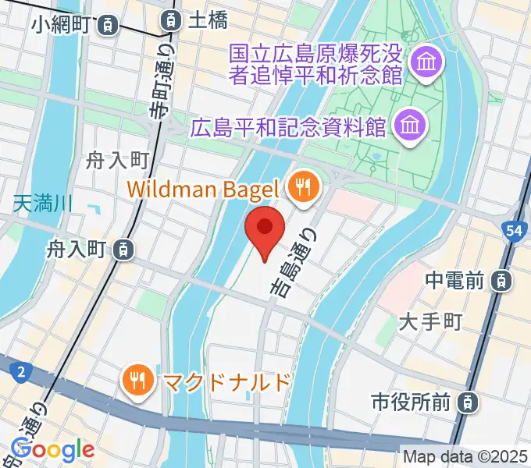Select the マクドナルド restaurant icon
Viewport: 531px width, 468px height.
click(139, 381)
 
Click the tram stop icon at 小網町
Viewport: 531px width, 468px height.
click(109, 25)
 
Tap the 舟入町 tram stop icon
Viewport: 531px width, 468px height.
click(122, 250)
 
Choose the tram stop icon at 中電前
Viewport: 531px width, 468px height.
click(505, 278)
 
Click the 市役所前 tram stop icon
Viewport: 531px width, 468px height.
click(466, 402)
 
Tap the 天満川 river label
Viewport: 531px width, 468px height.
click(43, 205)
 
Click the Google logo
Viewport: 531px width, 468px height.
click(53, 450)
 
